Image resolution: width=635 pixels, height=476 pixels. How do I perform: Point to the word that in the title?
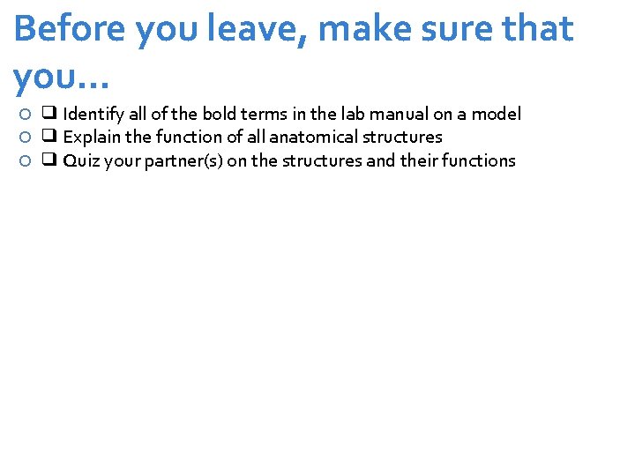pos(538,29)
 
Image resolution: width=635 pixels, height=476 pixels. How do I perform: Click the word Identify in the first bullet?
pos(93,114)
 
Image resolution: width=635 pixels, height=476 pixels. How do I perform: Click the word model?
pos(497,114)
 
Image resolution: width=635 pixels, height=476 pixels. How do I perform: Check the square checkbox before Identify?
pos(49,114)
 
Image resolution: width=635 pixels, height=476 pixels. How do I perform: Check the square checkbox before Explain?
pos(49,137)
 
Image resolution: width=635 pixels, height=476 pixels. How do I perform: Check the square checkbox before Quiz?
pos(49,160)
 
